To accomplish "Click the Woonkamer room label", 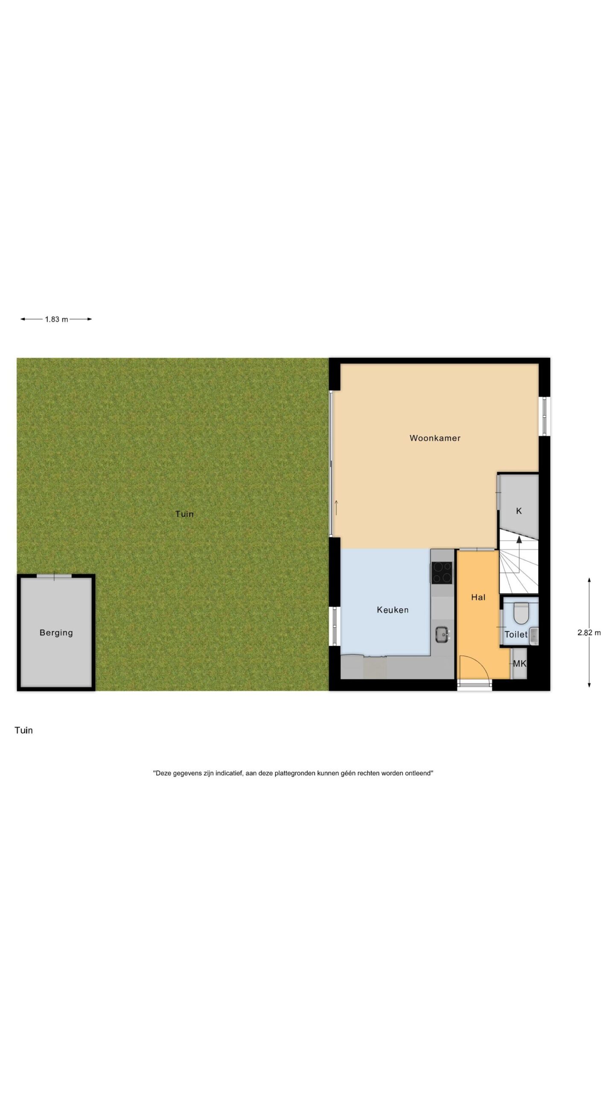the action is pyautogui.click(x=435, y=438).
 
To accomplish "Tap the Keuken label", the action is pyautogui.click(x=392, y=610).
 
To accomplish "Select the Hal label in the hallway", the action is pyautogui.click(x=478, y=597).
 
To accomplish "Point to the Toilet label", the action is pyautogui.click(x=516, y=634).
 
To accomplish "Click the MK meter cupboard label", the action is pyautogui.click(x=520, y=663).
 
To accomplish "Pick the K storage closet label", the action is pyautogui.click(x=519, y=511).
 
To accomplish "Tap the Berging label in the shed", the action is pyautogui.click(x=56, y=633).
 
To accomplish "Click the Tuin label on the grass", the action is pyautogui.click(x=184, y=514).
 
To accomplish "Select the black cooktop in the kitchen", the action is pyautogui.click(x=442, y=573).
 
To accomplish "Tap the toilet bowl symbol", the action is pyautogui.click(x=520, y=613).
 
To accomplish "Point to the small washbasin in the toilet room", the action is pyautogui.click(x=534, y=637).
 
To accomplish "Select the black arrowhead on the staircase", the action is pyautogui.click(x=519, y=539).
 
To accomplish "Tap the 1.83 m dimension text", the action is pyautogui.click(x=56, y=319).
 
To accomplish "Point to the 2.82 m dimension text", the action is pyautogui.click(x=589, y=633).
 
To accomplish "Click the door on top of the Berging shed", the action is pyautogui.click(x=54, y=576).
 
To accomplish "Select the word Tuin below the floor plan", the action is pyautogui.click(x=23, y=731).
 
